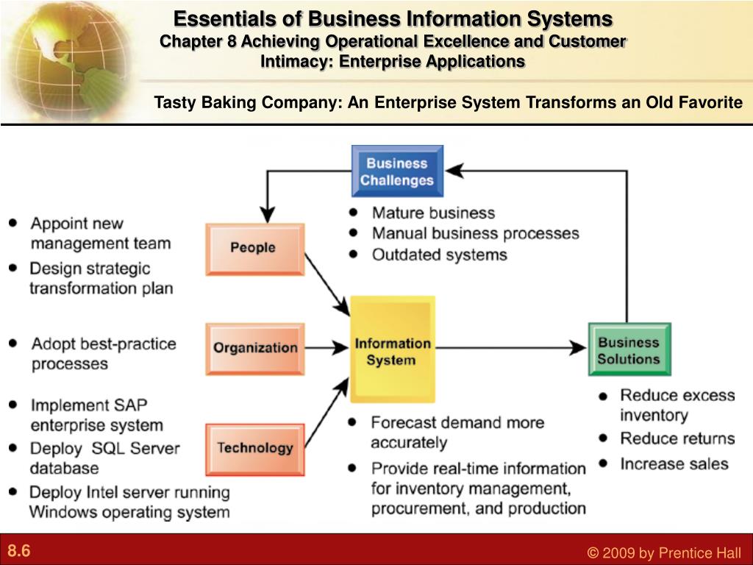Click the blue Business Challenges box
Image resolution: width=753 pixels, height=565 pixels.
click(397, 171)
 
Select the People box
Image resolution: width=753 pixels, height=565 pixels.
click(254, 248)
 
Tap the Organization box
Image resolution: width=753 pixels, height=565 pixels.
click(254, 348)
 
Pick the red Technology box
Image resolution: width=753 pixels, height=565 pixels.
click(254, 447)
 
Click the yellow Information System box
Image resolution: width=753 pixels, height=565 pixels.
click(393, 350)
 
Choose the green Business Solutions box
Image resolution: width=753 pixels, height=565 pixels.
click(629, 349)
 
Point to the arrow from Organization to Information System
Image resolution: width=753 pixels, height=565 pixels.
click(326, 347)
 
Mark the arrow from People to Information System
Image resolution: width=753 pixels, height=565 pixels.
click(326, 282)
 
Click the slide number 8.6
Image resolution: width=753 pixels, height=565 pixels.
click(20, 551)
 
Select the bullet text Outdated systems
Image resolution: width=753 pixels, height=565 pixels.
click(439, 255)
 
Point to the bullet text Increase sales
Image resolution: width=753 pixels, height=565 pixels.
click(674, 463)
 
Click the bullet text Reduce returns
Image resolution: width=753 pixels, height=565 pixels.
click(677, 438)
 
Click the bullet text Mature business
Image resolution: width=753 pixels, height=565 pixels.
click(433, 213)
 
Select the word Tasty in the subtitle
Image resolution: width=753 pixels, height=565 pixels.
click(174, 102)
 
